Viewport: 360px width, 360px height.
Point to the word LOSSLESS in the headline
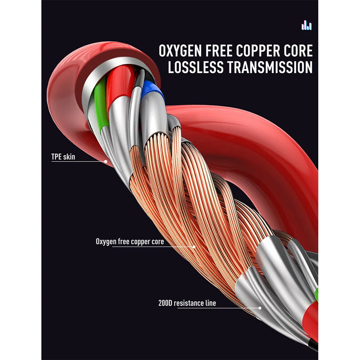tap(196, 67)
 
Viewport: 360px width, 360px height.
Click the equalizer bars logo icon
tap(306, 25)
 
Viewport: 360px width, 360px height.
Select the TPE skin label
tap(63, 157)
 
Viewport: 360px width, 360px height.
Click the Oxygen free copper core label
tap(130, 242)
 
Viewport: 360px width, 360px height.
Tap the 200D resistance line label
tap(187, 303)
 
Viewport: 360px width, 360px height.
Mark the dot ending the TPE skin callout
tap(106, 161)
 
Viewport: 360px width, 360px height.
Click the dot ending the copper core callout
tap(194, 247)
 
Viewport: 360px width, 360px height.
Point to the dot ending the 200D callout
tap(260, 308)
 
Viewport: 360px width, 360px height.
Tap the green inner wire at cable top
tap(101, 103)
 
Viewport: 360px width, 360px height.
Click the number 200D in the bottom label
tap(165, 303)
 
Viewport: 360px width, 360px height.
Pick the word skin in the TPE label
tap(69, 157)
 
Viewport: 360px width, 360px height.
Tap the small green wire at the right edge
tap(316, 294)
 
